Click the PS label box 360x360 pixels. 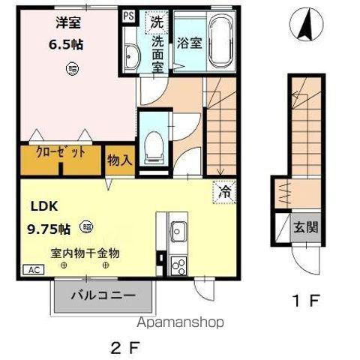tap(128, 14)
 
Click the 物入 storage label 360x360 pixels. tap(119, 159)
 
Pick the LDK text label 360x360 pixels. tap(45, 205)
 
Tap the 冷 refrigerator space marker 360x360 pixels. tap(223, 191)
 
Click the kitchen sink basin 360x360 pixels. tap(178, 231)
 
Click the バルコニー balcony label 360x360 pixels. tap(103, 295)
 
